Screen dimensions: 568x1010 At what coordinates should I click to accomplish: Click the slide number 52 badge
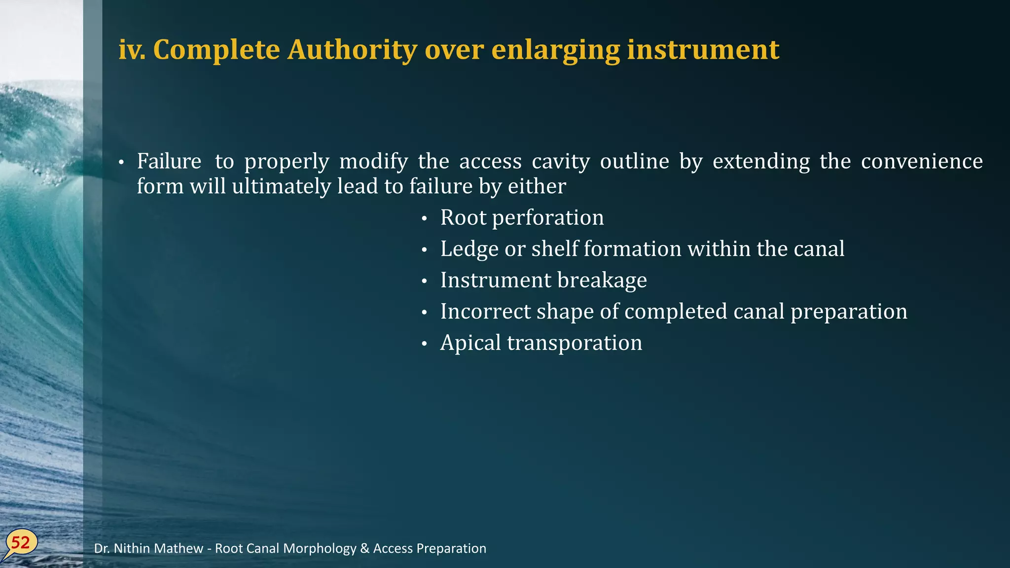21,543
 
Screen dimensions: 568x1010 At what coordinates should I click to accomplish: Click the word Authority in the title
352,50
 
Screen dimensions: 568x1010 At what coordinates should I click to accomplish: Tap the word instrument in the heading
703,50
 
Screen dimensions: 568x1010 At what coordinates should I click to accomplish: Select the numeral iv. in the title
132,50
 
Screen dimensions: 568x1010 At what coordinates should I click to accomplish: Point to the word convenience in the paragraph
922,161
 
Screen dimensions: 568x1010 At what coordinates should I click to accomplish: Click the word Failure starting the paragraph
169,161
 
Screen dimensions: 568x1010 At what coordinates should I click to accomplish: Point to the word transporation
575,343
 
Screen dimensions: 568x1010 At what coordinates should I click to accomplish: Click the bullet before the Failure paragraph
121,163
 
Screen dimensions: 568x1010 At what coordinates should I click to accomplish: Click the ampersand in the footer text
365,548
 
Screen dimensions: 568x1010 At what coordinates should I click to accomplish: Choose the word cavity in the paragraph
561,161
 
